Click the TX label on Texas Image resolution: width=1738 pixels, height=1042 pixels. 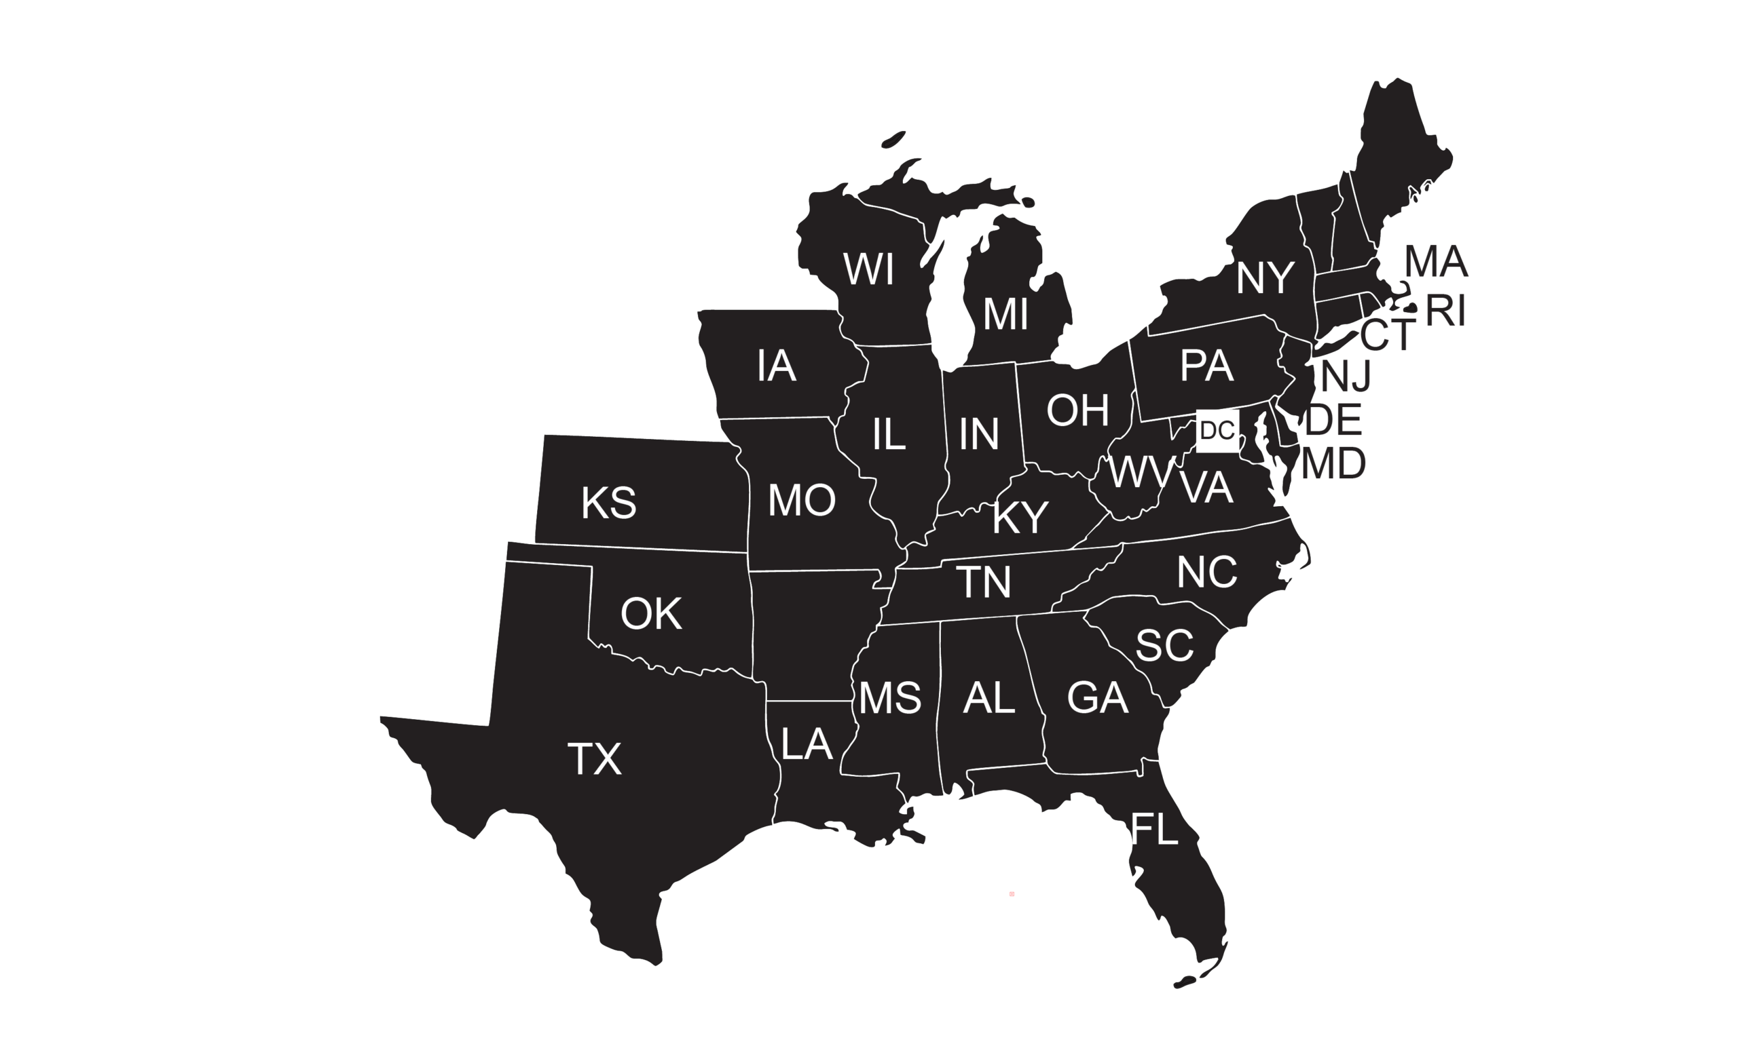[x=594, y=759]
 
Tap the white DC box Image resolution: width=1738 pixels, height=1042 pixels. [x=1217, y=430]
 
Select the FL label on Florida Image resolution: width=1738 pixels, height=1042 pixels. [x=1153, y=829]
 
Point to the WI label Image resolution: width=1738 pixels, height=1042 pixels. [x=868, y=269]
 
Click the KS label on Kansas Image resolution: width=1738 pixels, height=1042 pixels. [x=608, y=503]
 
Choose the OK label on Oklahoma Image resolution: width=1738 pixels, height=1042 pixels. [x=650, y=614]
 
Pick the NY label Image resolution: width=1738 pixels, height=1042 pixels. [x=1265, y=278]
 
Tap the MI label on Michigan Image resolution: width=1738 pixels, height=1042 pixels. [x=1005, y=314]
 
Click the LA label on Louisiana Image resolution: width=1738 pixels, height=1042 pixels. [x=807, y=744]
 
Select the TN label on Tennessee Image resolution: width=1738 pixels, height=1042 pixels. [x=984, y=582]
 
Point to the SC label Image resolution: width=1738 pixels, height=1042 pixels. [x=1164, y=645]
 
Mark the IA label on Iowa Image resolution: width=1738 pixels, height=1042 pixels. [x=776, y=366]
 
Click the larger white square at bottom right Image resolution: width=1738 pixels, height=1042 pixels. [x=1553, y=867]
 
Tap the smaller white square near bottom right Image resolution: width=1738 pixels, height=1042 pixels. [x=1474, y=796]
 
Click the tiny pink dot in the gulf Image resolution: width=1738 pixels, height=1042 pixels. [x=1012, y=894]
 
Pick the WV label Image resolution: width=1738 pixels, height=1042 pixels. [x=1141, y=472]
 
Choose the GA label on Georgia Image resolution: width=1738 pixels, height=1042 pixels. [x=1097, y=698]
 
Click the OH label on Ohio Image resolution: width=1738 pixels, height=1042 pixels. [x=1077, y=410]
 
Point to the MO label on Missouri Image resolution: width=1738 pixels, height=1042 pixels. [x=802, y=500]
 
